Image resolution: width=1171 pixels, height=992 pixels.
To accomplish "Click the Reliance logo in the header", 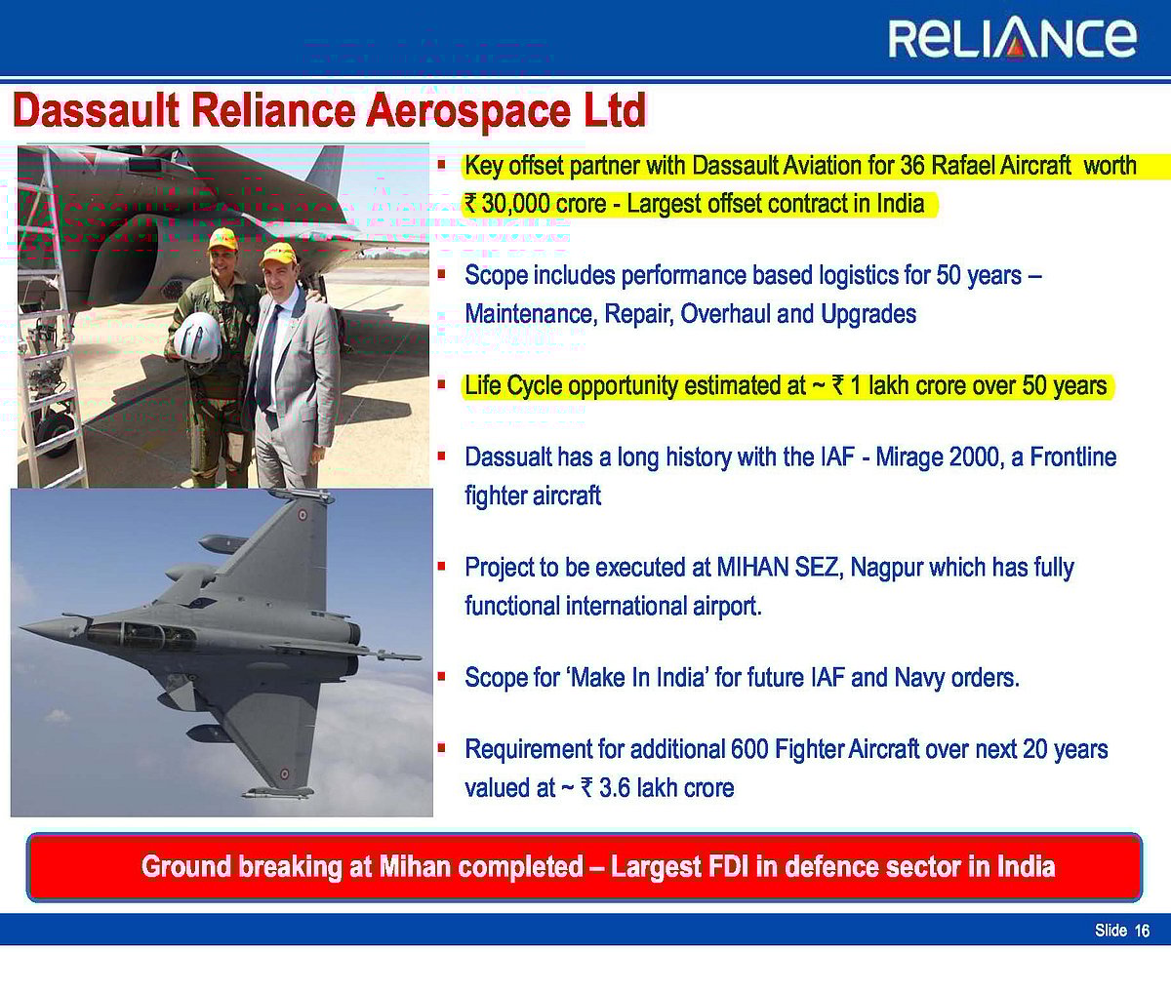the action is point(1012,37).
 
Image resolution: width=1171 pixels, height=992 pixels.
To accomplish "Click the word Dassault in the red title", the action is point(97,110).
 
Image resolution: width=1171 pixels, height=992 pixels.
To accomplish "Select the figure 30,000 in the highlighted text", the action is point(515,204).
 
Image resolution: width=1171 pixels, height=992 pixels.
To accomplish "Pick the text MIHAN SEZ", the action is point(778,567).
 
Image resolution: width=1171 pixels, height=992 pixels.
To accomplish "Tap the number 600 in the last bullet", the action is point(748,749).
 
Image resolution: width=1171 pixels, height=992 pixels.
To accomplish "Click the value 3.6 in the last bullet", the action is point(614,787).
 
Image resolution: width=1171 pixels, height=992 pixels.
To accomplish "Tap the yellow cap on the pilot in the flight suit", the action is point(222,239).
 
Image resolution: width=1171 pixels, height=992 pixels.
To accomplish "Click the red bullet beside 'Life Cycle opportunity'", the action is point(441,385).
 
